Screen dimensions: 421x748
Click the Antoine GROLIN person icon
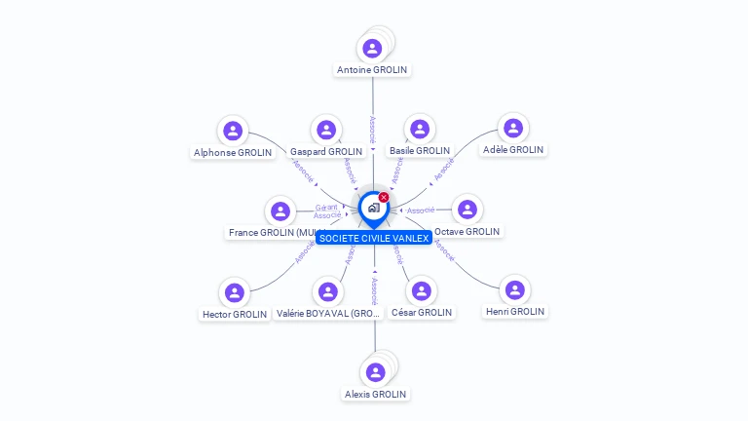(x=372, y=48)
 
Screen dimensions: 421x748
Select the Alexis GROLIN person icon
(x=375, y=372)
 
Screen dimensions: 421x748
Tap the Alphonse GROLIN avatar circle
(x=233, y=131)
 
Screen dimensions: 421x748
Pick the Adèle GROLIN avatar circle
(x=512, y=128)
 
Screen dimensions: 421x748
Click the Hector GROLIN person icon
(x=234, y=292)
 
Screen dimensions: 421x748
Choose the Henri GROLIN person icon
(x=515, y=289)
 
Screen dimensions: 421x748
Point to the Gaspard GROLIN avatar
(x=325, y=130)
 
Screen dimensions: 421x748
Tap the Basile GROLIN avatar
(x=420, y=129)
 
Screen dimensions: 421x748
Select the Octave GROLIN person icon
(x=467, y=210)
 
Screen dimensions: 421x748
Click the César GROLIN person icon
(x=421, y=290)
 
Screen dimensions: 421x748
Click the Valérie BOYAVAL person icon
(x=327, y=291)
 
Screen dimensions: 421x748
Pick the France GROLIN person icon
(x=280, y=210)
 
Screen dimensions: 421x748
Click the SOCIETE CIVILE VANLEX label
(x=374, y=238)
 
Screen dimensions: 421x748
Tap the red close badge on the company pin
(x=384, y=198)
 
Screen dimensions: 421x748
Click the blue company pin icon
(x=373, y=208)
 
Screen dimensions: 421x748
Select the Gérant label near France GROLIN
(x=326, y=208)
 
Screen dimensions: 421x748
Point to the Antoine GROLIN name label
(x=372, y=70)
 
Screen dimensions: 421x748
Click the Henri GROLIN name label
(x=515, y=312)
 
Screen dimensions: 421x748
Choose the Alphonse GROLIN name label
(x=233, y=153)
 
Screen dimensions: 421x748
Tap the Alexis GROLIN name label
(x=375, y=395)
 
